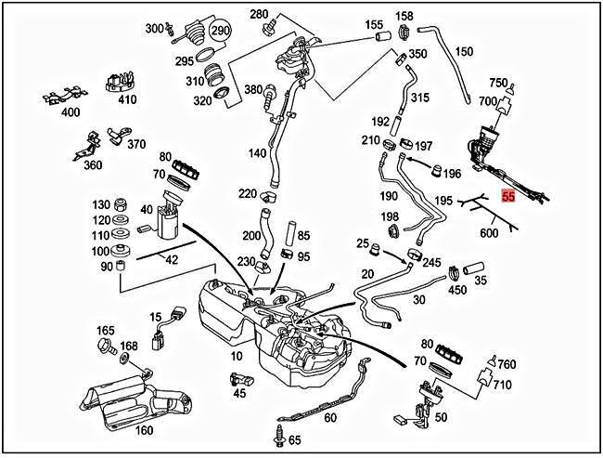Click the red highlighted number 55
pyautogui.click(x=508, y=196)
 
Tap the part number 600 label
pyautogui.click(x=489, y=234)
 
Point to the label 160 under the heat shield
pyautogui.click(x=144, y=431)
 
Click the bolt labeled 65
pyautogui.click(x=277, y=435)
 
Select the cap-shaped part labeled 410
pyautogui.click(x=117, y=81)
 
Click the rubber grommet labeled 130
pyautogui.click(x=121, y=204)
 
